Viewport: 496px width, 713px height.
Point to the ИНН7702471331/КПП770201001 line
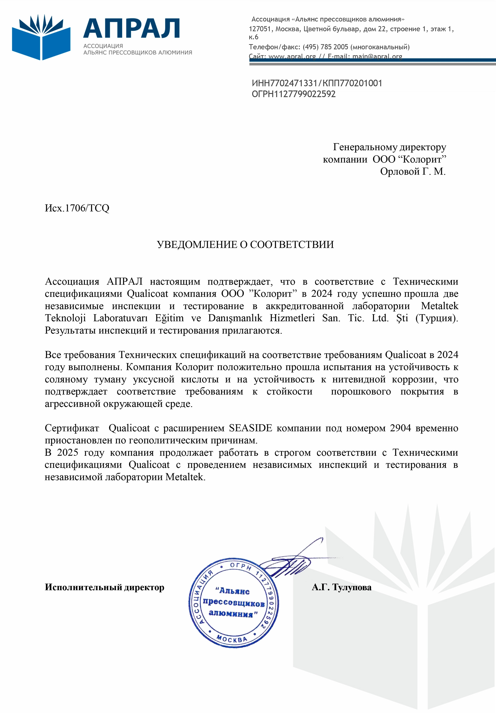click(317, 83)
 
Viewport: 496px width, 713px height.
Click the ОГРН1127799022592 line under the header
click(293, 94)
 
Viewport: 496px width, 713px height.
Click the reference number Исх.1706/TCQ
click(77, 208)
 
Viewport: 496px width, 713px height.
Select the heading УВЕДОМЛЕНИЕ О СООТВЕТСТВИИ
click(245, 245)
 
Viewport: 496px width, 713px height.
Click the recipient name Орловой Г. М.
click(412, 171)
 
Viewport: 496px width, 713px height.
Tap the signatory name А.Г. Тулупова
click(341, 587)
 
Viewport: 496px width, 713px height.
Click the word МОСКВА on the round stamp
click(232, 639)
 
